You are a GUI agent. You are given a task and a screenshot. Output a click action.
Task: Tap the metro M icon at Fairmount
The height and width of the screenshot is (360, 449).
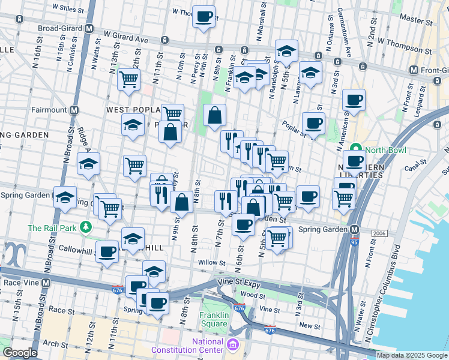pos(74,110)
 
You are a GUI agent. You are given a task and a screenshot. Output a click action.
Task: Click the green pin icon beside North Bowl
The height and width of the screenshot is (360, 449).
pos(355,149)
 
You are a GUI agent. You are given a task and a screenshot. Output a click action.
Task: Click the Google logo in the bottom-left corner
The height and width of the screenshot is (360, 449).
pos(20,353)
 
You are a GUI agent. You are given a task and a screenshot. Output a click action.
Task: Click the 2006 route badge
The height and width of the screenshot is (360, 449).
pos(379,233)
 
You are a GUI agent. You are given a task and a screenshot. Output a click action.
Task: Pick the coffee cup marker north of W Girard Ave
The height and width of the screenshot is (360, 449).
pos(203,16)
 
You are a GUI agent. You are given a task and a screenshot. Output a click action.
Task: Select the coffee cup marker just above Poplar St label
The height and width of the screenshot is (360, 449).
pos(313,123)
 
